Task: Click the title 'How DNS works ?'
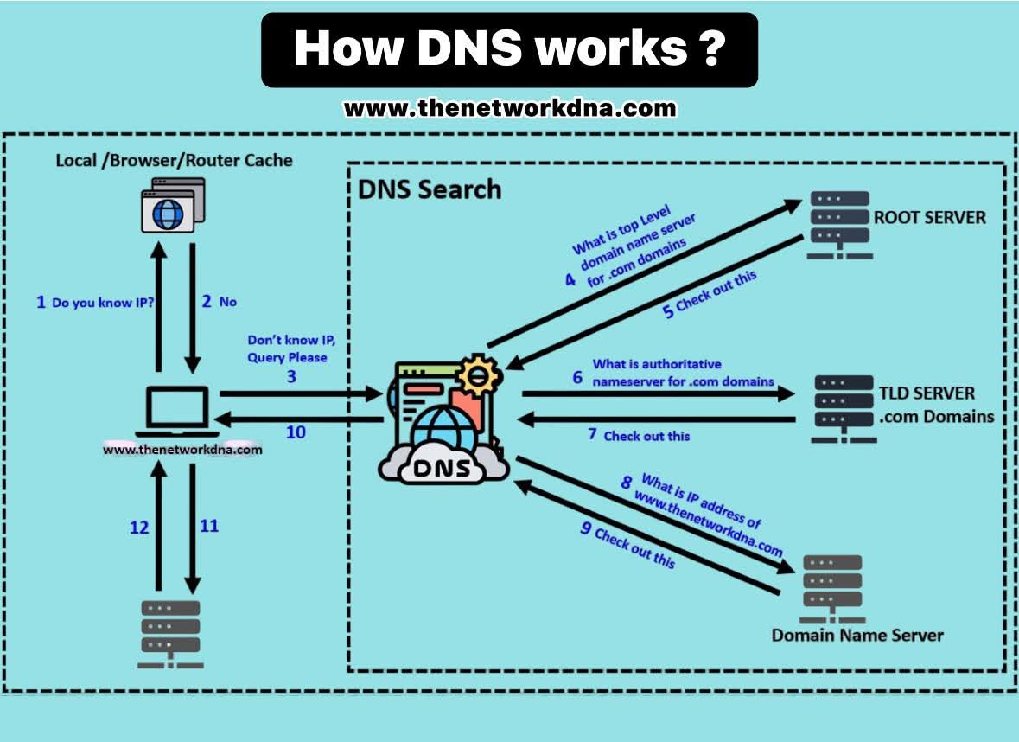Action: (x=509, y=49)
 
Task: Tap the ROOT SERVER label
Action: (x=929, y=217)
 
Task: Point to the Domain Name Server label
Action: (x=857, y=635)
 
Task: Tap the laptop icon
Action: (x=178, y=411)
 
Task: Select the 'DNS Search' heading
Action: (x=430, y=189)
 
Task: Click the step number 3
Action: (x=291, y=377)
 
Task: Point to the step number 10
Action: (x=296, y=431)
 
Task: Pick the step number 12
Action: (x=139, y=527)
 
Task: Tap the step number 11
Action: (x=208, y=525)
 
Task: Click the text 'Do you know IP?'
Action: (x=104, y=303)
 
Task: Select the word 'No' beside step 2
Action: (x=228, y=302)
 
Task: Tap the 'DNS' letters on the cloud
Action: (x=443, y=469)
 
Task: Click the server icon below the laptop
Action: (x=170, y=632)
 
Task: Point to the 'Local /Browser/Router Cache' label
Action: (x=174, y=160)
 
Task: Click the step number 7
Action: (x=593, y=434)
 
